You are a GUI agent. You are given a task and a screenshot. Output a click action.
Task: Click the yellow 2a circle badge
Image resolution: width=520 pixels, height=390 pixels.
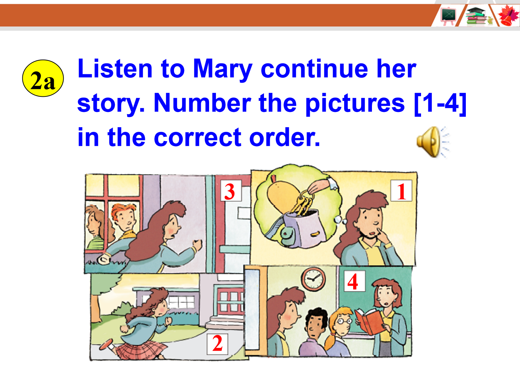(x=43, y=78)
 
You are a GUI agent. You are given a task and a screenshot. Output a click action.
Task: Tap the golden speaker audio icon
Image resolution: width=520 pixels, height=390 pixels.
(x=433, y=142)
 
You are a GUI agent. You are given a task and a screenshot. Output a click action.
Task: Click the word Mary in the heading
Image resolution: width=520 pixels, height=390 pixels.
(x=222, y=69)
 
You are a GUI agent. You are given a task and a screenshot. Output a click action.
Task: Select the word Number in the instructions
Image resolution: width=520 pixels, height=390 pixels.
(x=202, y=103)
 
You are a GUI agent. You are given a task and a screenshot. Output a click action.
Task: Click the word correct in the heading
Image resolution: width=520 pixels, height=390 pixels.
(x=198, y=137)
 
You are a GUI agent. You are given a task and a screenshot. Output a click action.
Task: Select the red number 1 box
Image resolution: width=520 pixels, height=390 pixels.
(x=401, y=191)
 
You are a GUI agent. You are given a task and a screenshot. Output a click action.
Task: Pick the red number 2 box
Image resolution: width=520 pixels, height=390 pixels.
(x=217, y=344)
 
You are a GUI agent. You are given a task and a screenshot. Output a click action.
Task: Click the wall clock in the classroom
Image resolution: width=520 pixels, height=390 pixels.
(x=313, y=279)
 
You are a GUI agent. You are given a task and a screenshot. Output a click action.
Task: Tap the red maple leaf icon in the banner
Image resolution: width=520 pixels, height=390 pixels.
(x=508, y=16)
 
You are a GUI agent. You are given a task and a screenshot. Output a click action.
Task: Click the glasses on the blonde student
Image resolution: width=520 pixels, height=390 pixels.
(x=344, y=321)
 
